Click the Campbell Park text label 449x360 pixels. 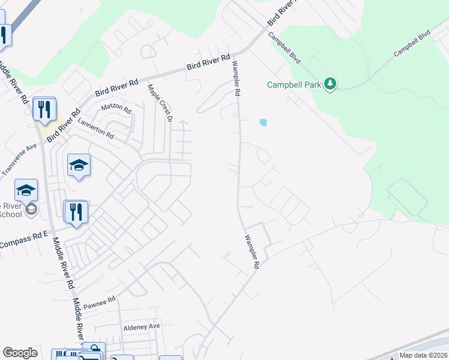(x=294, y=85)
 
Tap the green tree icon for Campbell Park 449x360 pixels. (x=330, y=84)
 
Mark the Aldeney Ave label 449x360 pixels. (x=142, y=326)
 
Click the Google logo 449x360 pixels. (x=20, y=353)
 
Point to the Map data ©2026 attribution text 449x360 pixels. (x=423, y=355)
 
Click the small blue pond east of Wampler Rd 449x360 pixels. (x=263, y=123)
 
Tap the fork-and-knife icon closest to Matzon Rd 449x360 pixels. (x=44, y=109)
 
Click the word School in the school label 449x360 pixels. (x=10, y=214)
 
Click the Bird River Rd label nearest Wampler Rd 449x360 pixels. (x=208, y=63)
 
